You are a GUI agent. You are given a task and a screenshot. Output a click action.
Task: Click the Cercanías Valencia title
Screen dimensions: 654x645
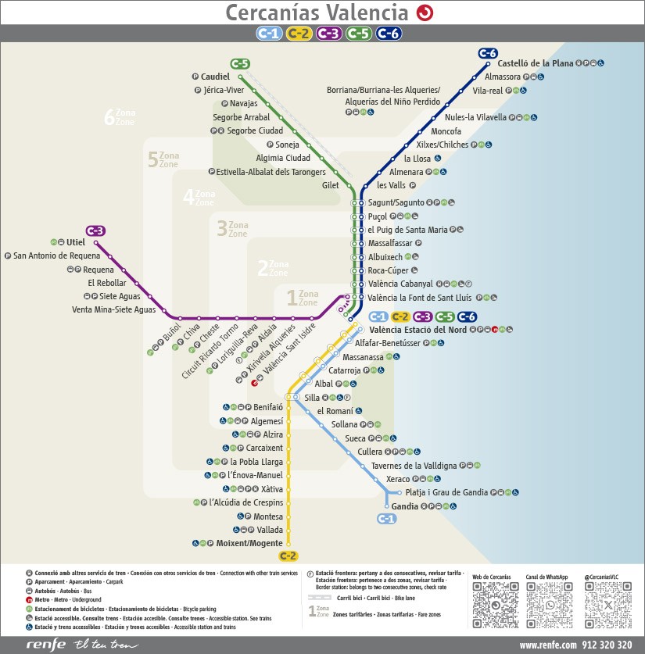pyautogui.click(x=317, y=13)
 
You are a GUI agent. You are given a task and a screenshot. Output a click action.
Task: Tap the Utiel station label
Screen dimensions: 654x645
pyautogui.click(x=76, y=242)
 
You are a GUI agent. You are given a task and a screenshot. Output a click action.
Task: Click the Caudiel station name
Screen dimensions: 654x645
pyautogui.click(x=215, y=77)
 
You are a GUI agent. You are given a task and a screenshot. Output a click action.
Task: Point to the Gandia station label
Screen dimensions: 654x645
pyautogui.click(x=404, y=506)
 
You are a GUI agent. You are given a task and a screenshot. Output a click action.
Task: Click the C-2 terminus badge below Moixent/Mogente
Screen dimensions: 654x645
pyautogui.click(x=288, y=556)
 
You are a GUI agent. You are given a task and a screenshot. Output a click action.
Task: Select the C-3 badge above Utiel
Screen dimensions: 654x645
pyautogui.click(x=95, y=231)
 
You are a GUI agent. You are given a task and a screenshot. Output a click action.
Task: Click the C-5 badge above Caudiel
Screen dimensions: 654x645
pyautogui.click(x=239, y=63)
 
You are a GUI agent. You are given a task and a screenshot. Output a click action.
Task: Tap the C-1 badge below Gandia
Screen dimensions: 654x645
pyautogui.click(x=387, y=519)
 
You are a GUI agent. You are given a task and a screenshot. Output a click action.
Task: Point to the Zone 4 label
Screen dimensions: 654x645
pyautogui.click(x=199, y=198)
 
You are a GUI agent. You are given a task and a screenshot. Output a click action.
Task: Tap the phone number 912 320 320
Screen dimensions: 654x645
pyautogui.click(x=610, y=645)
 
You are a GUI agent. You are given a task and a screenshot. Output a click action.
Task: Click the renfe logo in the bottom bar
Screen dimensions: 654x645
pyautogui.click(x=45, y=645)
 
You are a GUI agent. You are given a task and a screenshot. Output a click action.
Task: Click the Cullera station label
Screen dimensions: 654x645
pyautogui.click(x=370, y=452)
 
